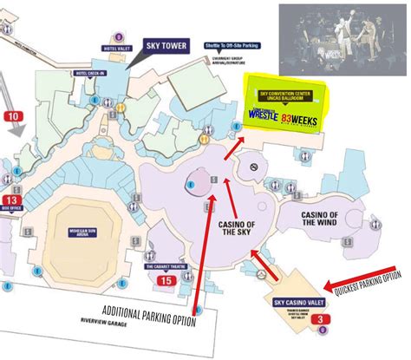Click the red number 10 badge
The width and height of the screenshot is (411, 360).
click(14, 115)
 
